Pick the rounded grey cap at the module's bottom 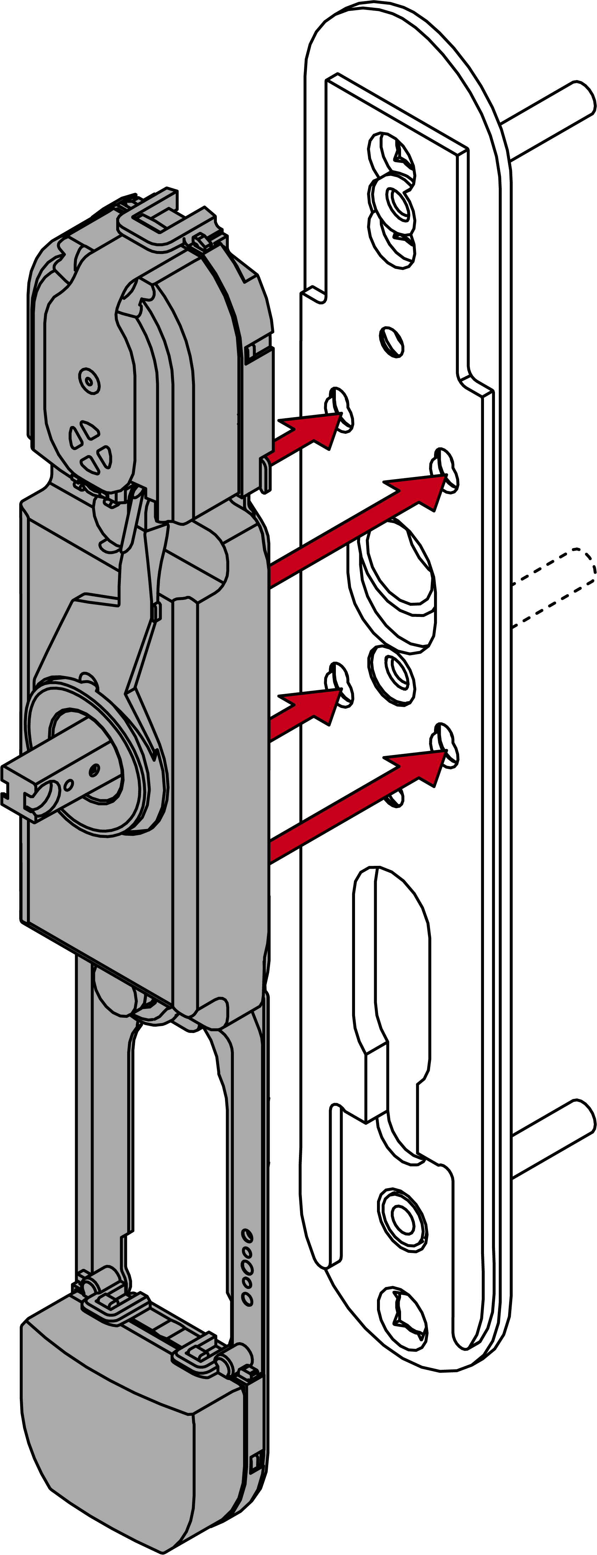(x=121, y=1449)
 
